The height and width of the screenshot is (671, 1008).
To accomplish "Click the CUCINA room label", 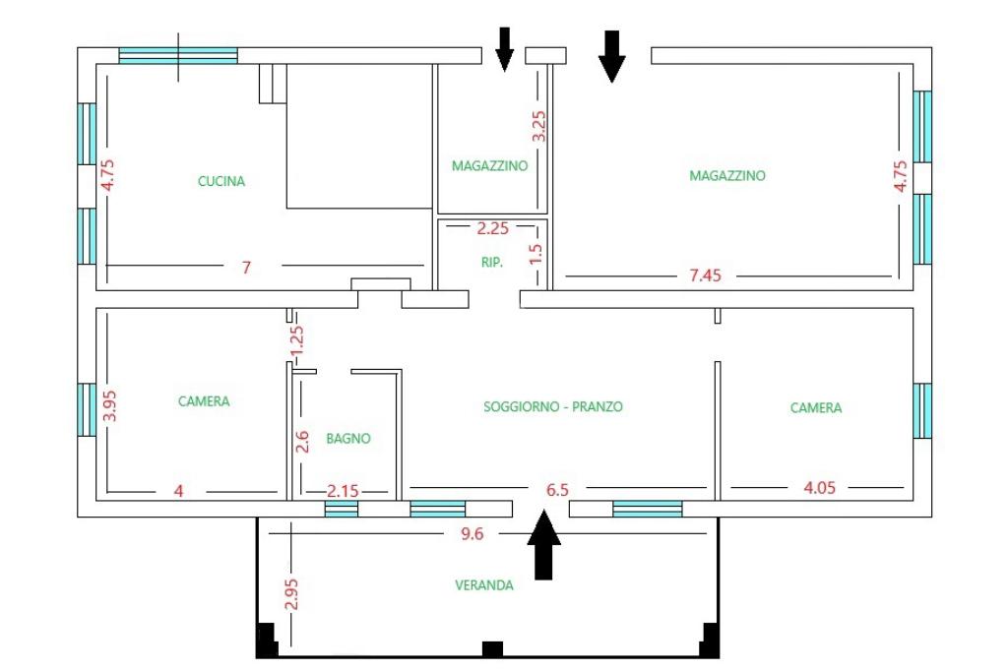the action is (x=221, y=181).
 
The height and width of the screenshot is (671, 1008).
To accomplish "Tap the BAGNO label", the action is (x=348, y=439).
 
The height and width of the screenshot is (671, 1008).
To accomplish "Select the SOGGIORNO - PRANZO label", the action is (x=553, y=406).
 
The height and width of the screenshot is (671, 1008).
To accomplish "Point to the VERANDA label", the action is (x=484, y=584).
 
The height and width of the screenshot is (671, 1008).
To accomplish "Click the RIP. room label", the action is (x=492, y=263).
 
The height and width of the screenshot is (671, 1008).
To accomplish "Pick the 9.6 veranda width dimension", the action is (x=472, y=534).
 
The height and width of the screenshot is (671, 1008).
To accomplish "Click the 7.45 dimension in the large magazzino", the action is (x=705, y=275).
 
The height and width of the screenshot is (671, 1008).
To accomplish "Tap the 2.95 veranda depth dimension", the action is (x=291, y=594).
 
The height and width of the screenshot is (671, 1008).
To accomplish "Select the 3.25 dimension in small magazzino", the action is (x=538, y=126).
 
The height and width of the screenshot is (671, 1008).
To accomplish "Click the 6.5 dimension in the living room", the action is (x=557, y=490).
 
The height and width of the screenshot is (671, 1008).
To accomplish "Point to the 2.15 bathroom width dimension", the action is (x=343, y=491).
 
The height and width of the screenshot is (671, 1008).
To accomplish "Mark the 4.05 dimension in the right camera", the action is (x=820, y=487).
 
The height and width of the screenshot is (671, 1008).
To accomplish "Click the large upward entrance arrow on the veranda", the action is (x=543, y=545).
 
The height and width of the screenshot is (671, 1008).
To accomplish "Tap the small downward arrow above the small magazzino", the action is (x=505, y=49).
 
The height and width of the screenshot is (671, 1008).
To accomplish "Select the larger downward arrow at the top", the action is (x=612, y=56).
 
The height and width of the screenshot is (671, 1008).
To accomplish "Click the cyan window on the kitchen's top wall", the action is (x=178, y=56).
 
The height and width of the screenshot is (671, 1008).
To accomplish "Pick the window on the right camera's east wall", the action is (x=922, y=410).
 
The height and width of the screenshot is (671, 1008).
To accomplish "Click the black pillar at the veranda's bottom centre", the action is (x=492, y=649).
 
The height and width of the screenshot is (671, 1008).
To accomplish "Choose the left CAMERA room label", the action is (x=204, y=401).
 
